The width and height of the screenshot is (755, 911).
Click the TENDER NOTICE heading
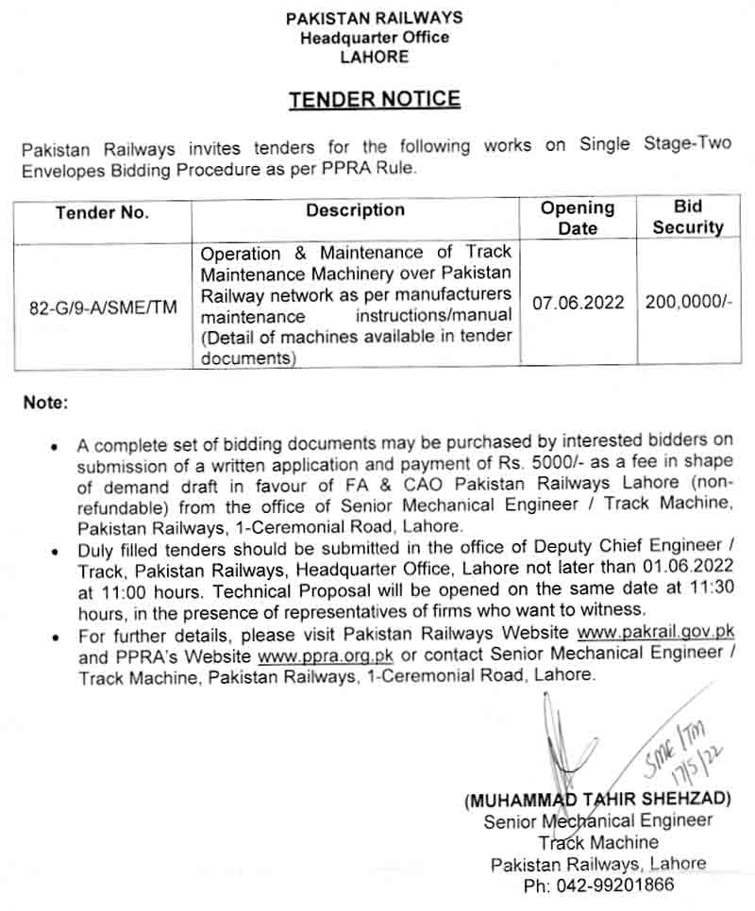[375, 99]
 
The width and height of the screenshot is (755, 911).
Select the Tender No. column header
[102, 213]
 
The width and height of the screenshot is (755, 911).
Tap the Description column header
[355, 210]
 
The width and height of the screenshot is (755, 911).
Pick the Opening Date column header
[578, 217]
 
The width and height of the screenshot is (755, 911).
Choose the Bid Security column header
[688, 217]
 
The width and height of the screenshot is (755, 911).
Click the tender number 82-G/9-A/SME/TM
[103, 306]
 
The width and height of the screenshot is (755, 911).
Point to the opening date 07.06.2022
[579, 303]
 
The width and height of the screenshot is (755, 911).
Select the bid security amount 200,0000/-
[689, 303]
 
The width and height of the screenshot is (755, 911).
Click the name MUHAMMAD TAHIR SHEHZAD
[597, 799]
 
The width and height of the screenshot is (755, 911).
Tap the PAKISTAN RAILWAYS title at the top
[375, 18]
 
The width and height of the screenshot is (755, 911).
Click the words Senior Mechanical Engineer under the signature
[598, 820]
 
